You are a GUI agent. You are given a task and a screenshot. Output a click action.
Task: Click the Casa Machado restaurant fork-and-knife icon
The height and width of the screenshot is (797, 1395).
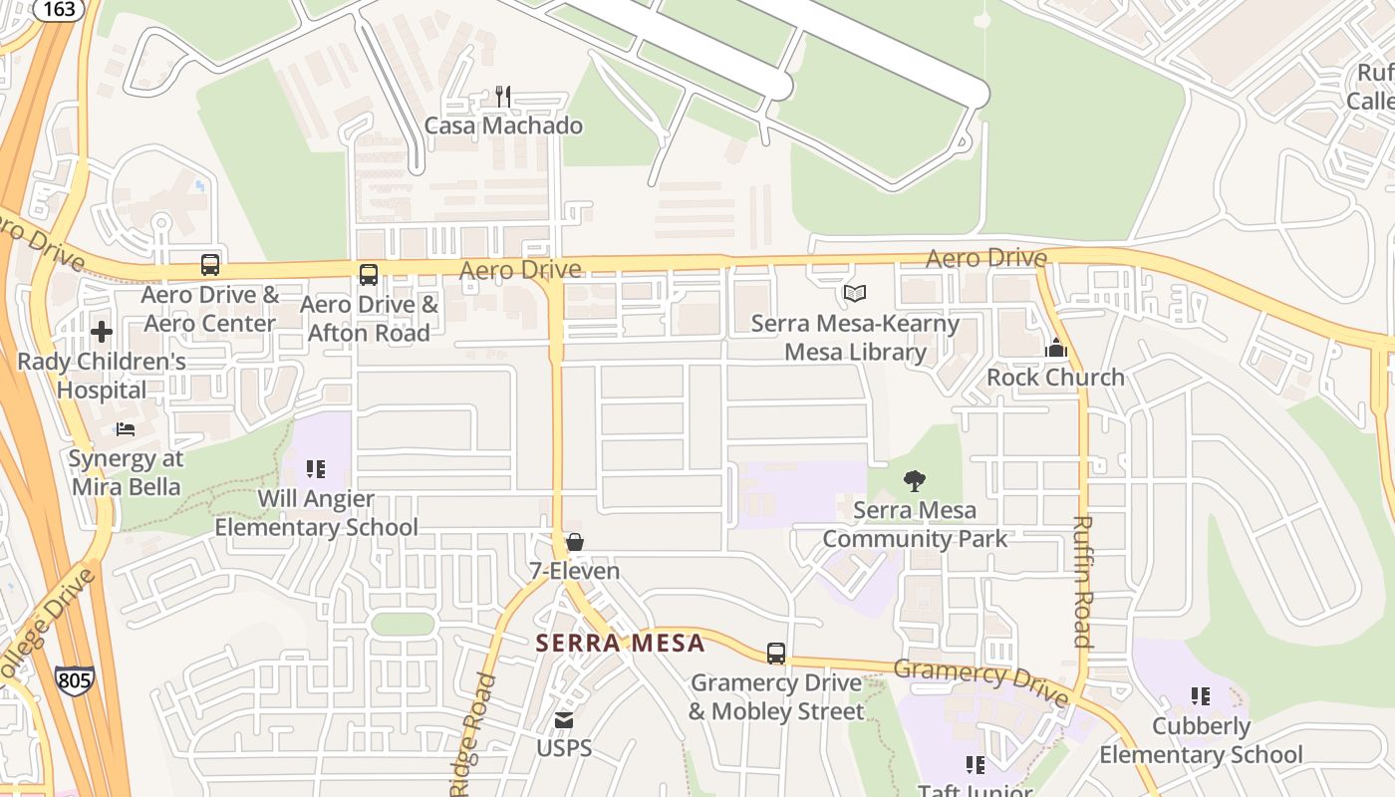[503, 97]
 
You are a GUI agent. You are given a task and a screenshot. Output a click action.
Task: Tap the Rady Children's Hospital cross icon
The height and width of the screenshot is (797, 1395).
[102, 332]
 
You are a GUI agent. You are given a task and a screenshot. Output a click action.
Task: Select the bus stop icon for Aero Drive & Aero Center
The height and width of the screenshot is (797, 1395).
[210, 265]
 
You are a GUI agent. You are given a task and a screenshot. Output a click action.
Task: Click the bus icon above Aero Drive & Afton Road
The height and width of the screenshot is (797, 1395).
[369, 275]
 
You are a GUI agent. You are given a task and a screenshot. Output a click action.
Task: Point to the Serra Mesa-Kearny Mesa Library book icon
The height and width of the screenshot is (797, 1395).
[854, 294]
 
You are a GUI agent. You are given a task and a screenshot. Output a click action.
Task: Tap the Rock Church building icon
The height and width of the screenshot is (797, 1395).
[1056, 348]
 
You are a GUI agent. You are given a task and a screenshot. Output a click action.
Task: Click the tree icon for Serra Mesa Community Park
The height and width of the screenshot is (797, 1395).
[915, 481]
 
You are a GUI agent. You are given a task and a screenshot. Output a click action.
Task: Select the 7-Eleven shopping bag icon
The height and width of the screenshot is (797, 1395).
[575, 542]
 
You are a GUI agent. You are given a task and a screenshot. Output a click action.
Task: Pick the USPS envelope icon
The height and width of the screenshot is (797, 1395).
[564, 719]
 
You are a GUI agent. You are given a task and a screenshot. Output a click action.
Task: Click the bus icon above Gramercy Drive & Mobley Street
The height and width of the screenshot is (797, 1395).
[776, 654]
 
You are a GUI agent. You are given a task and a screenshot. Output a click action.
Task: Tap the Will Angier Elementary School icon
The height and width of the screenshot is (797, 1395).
[316, 468]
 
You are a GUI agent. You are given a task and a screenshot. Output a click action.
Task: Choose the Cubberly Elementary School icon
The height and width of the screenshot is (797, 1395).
[1201, 696]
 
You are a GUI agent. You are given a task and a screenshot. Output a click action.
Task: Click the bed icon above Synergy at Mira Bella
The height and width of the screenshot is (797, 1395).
[126, 429]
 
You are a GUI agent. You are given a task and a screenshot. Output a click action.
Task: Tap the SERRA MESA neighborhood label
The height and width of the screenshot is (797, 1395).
[621, 643]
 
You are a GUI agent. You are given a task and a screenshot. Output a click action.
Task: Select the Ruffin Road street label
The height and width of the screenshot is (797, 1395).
[1083, 581]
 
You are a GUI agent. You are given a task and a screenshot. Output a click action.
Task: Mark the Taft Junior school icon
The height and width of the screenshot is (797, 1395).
[976, 765]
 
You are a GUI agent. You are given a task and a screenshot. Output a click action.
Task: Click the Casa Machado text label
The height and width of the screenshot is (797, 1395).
[503, 126]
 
